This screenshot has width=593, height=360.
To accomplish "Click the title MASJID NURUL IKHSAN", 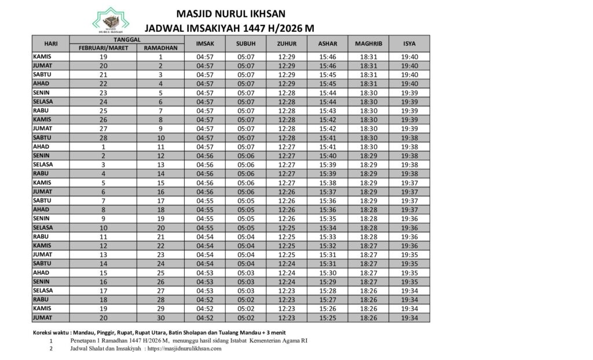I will coord(231,13).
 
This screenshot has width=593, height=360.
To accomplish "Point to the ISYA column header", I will coord(409,43).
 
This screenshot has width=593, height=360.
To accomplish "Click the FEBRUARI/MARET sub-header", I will coord(103,48).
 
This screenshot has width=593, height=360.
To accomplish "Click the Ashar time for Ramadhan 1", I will coord(328,57).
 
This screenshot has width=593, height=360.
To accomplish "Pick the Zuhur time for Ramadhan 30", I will coord(287,318).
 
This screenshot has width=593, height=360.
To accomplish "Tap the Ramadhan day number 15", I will coord(160,182).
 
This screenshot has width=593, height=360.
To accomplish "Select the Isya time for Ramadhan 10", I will coord(409,138).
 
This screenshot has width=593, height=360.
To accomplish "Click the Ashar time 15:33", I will coord(328,237).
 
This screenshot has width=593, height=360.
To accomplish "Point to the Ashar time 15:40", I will coord(328,156).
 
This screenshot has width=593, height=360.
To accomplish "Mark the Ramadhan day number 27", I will coord(160,291).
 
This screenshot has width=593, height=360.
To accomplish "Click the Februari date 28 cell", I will coord(103,138).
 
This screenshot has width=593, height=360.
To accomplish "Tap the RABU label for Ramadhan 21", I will coord(41,237).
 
